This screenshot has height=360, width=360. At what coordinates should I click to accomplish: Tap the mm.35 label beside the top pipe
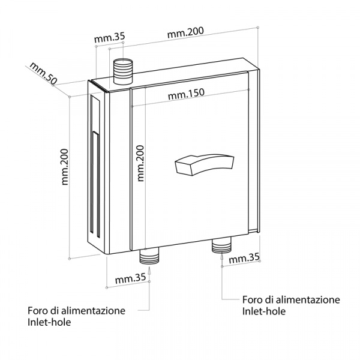(109, 37)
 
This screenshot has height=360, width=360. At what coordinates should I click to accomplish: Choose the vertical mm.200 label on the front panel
(140, 163)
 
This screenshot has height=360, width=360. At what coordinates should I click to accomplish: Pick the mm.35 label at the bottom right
(244, 259)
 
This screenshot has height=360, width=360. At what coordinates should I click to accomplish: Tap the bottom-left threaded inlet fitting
(149, 257)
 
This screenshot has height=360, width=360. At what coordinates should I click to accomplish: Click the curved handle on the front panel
(203, 163)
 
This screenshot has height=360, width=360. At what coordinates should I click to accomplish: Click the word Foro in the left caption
(38, 311)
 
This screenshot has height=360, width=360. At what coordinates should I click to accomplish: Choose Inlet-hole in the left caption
(49, 323)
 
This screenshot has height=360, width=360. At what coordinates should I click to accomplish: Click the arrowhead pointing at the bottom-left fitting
(149, 269)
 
